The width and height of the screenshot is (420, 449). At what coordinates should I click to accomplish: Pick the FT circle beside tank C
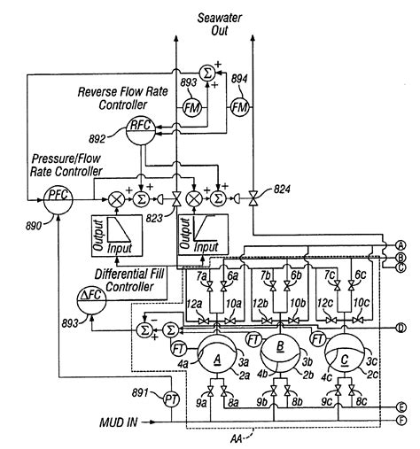316,339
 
